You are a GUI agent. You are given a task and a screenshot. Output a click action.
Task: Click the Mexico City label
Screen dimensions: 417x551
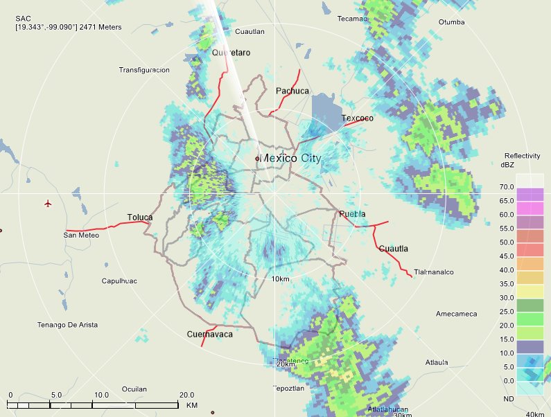pyautogui.click(x=291, y=159)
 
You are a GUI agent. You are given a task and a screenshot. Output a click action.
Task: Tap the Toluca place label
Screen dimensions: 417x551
pyautogui.click(x=140, y=218)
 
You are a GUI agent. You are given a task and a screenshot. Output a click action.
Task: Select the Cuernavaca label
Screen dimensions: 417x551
pyautogui.click(x=209, y=335)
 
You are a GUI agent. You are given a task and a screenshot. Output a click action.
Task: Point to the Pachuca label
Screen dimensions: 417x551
pyautogui.click(x=292, y=91)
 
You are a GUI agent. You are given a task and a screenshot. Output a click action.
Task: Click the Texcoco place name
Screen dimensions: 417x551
pyautogui.click(x=357, y=118)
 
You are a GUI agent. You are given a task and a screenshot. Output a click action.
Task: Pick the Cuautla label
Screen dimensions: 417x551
pyautogui.click(x=394, y=249)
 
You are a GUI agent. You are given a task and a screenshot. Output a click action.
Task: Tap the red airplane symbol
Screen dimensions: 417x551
pyautogui.click(x=48, y=204)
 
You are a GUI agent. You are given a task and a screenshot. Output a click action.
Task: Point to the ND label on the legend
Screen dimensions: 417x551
pyautogui.click(x=509, y=399)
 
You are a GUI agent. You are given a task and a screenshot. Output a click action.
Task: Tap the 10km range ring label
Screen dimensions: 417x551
pyautogui.click(x=280, y=279)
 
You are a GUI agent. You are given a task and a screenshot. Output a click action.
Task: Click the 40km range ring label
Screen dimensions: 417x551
pyautogui.click(x=535, y=414)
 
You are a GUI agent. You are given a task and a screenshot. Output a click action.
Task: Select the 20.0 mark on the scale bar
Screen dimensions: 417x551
pyautogui.click(x=187, y=394)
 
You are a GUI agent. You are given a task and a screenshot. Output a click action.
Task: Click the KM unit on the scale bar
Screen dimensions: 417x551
pyautogui.click(x=192, y=405)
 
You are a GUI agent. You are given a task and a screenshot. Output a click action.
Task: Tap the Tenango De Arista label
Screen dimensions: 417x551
pyautogui.click(x=67, y=325)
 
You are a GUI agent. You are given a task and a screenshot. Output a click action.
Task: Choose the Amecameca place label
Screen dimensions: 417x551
pyautogui.click(x=456, y=314)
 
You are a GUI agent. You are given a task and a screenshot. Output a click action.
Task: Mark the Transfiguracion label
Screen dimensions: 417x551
pyautogui.click(x=144, y=70)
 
